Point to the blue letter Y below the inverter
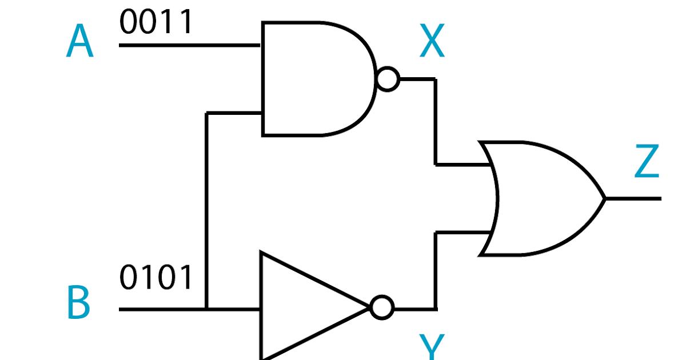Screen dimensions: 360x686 [x=432, y=347]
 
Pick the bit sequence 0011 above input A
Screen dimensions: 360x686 [x=156, y=23]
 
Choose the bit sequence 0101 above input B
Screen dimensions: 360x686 [x=156, y=278]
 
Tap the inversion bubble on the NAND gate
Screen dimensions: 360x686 [x=388, y=79]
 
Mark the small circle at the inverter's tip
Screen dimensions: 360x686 [x=382, y=308]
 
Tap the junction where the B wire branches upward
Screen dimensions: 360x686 [x=207, y=309]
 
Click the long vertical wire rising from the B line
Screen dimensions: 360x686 [x=207, y=211]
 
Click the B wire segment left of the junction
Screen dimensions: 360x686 [x=162, y=309]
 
